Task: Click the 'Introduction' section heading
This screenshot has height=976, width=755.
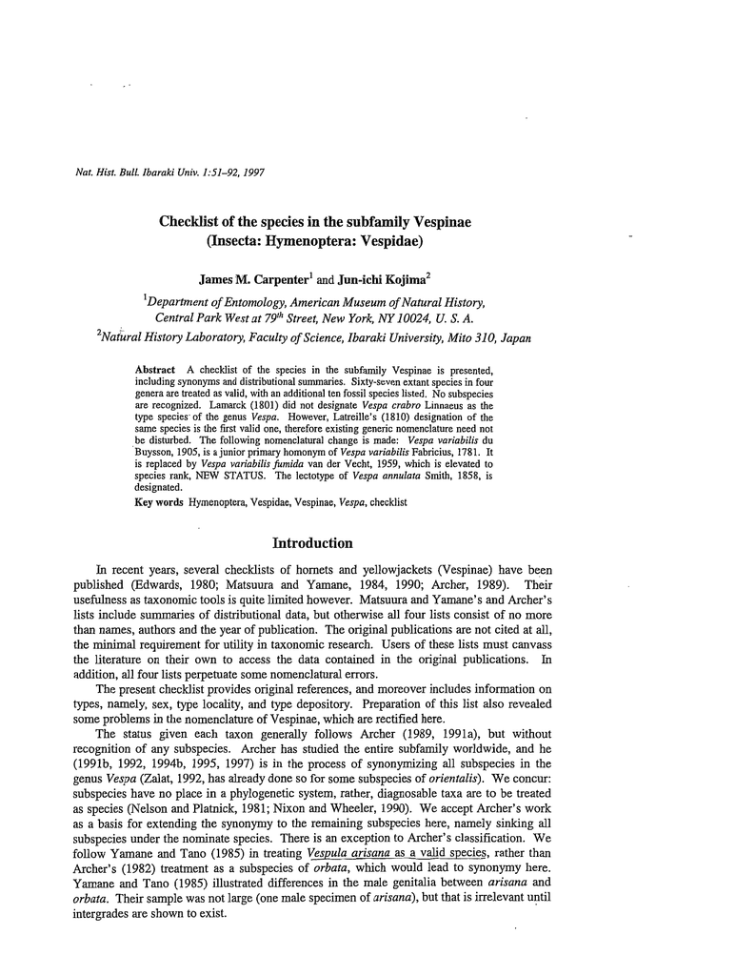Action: tap(312, 543)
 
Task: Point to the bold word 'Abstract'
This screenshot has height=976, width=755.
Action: tap(155, 368)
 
